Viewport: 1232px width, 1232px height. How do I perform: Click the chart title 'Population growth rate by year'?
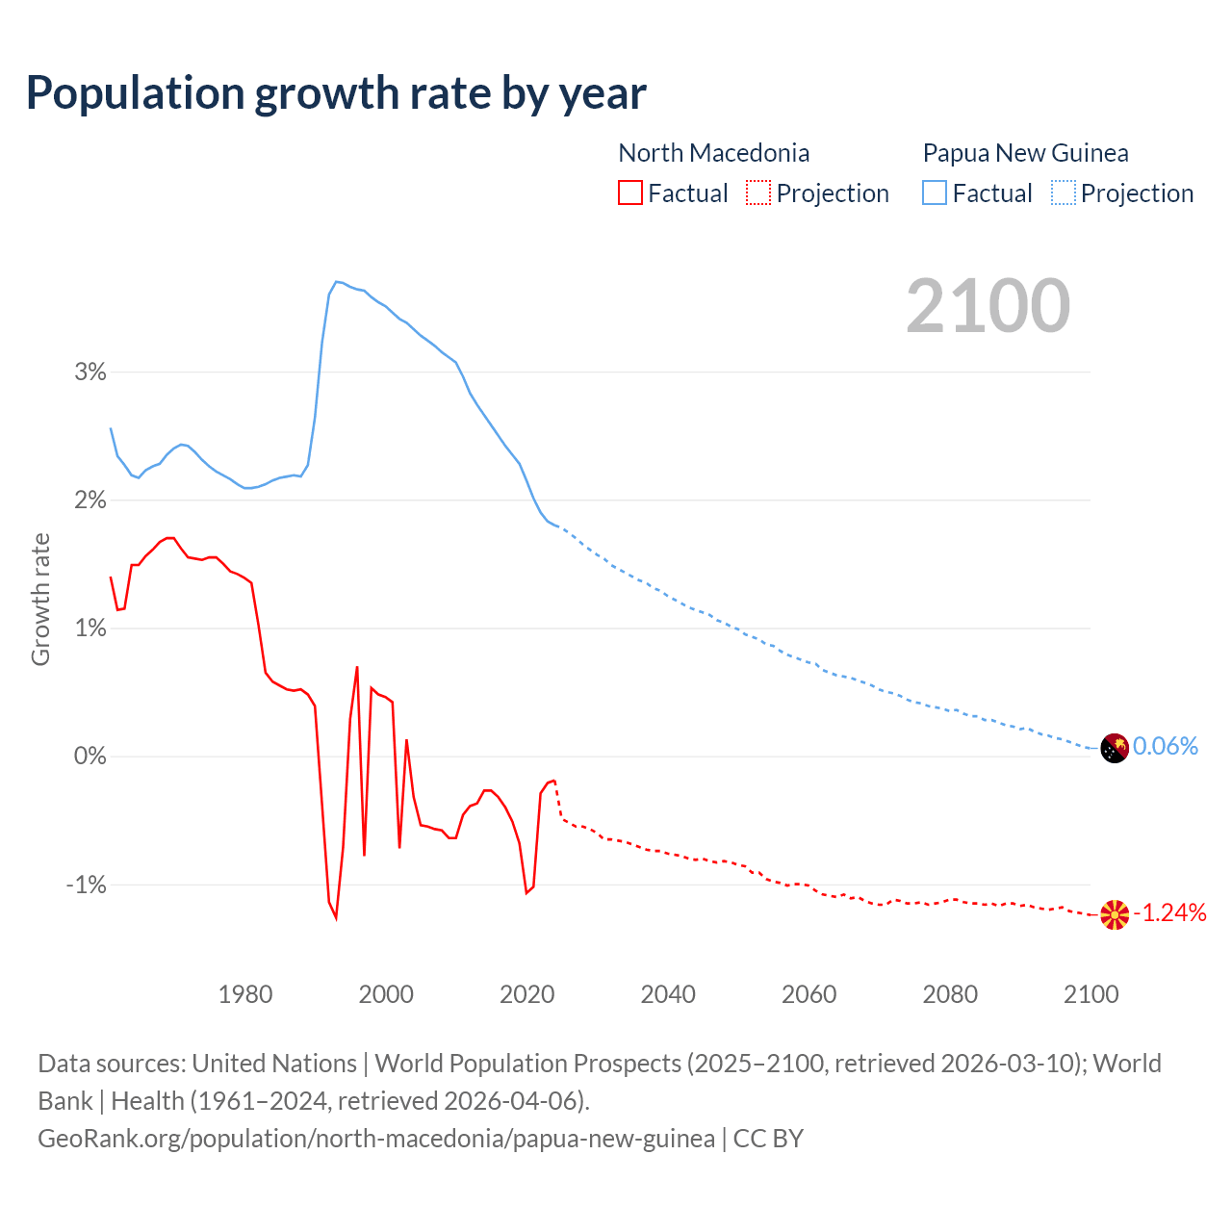pyautogui.click(x=336, y=93)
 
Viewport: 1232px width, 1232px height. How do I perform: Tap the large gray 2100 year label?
pyautogui.click(x=988, y=306)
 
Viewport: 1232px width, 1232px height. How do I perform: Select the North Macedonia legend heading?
pyautogui.click(x=713, y=153)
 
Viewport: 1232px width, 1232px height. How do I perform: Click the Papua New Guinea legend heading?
pyautogui.click(x=1025, y=153)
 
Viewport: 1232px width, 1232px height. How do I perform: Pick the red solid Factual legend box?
pyautogui.click(x=629, y=192)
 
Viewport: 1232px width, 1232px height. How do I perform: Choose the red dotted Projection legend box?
pyautogui.click(x=758, y=192)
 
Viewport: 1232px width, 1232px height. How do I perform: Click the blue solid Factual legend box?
pyautogui.click(x=934, y=192)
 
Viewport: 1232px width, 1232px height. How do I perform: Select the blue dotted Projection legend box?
pyautogui.click(x=1063, y=192)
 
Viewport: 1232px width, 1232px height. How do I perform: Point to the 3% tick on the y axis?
pyautogui.click(x=90, y=372)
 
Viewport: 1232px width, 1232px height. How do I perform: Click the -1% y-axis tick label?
pyautogui.click(x=86, y=885)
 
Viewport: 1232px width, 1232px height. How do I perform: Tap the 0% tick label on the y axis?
pyautogui.click(x=90, y=757)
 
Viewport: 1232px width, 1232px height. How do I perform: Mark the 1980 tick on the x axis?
pyautogui.click(x=245, y=994)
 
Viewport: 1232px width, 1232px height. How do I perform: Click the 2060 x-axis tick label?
pyautogui.click(x=808, y=994)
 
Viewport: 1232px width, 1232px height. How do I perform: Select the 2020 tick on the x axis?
pyautogui.click(x=526, y=994)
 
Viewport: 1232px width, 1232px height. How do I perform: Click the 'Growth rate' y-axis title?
pyautogui.click(x=40, y=599)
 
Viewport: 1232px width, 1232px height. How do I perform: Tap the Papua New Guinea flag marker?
pyautogui.click(x=1115, y=748)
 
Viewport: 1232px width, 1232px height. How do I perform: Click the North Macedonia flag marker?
pyautogui.click(x=1115, y=914)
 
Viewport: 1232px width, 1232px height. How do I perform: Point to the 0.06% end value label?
pyautogui.click(x=1166, y=746)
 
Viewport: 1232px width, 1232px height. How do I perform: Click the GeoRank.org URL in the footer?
pyautogui.click(x=376, y=1139)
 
